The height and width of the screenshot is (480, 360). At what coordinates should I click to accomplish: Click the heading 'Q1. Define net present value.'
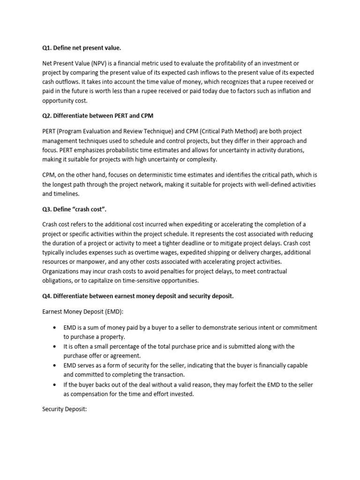tap(84, 47)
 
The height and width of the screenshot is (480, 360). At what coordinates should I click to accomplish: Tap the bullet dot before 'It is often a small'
tap(56, 346)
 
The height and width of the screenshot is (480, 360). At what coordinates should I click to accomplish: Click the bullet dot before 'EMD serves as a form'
tap(56, 365)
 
